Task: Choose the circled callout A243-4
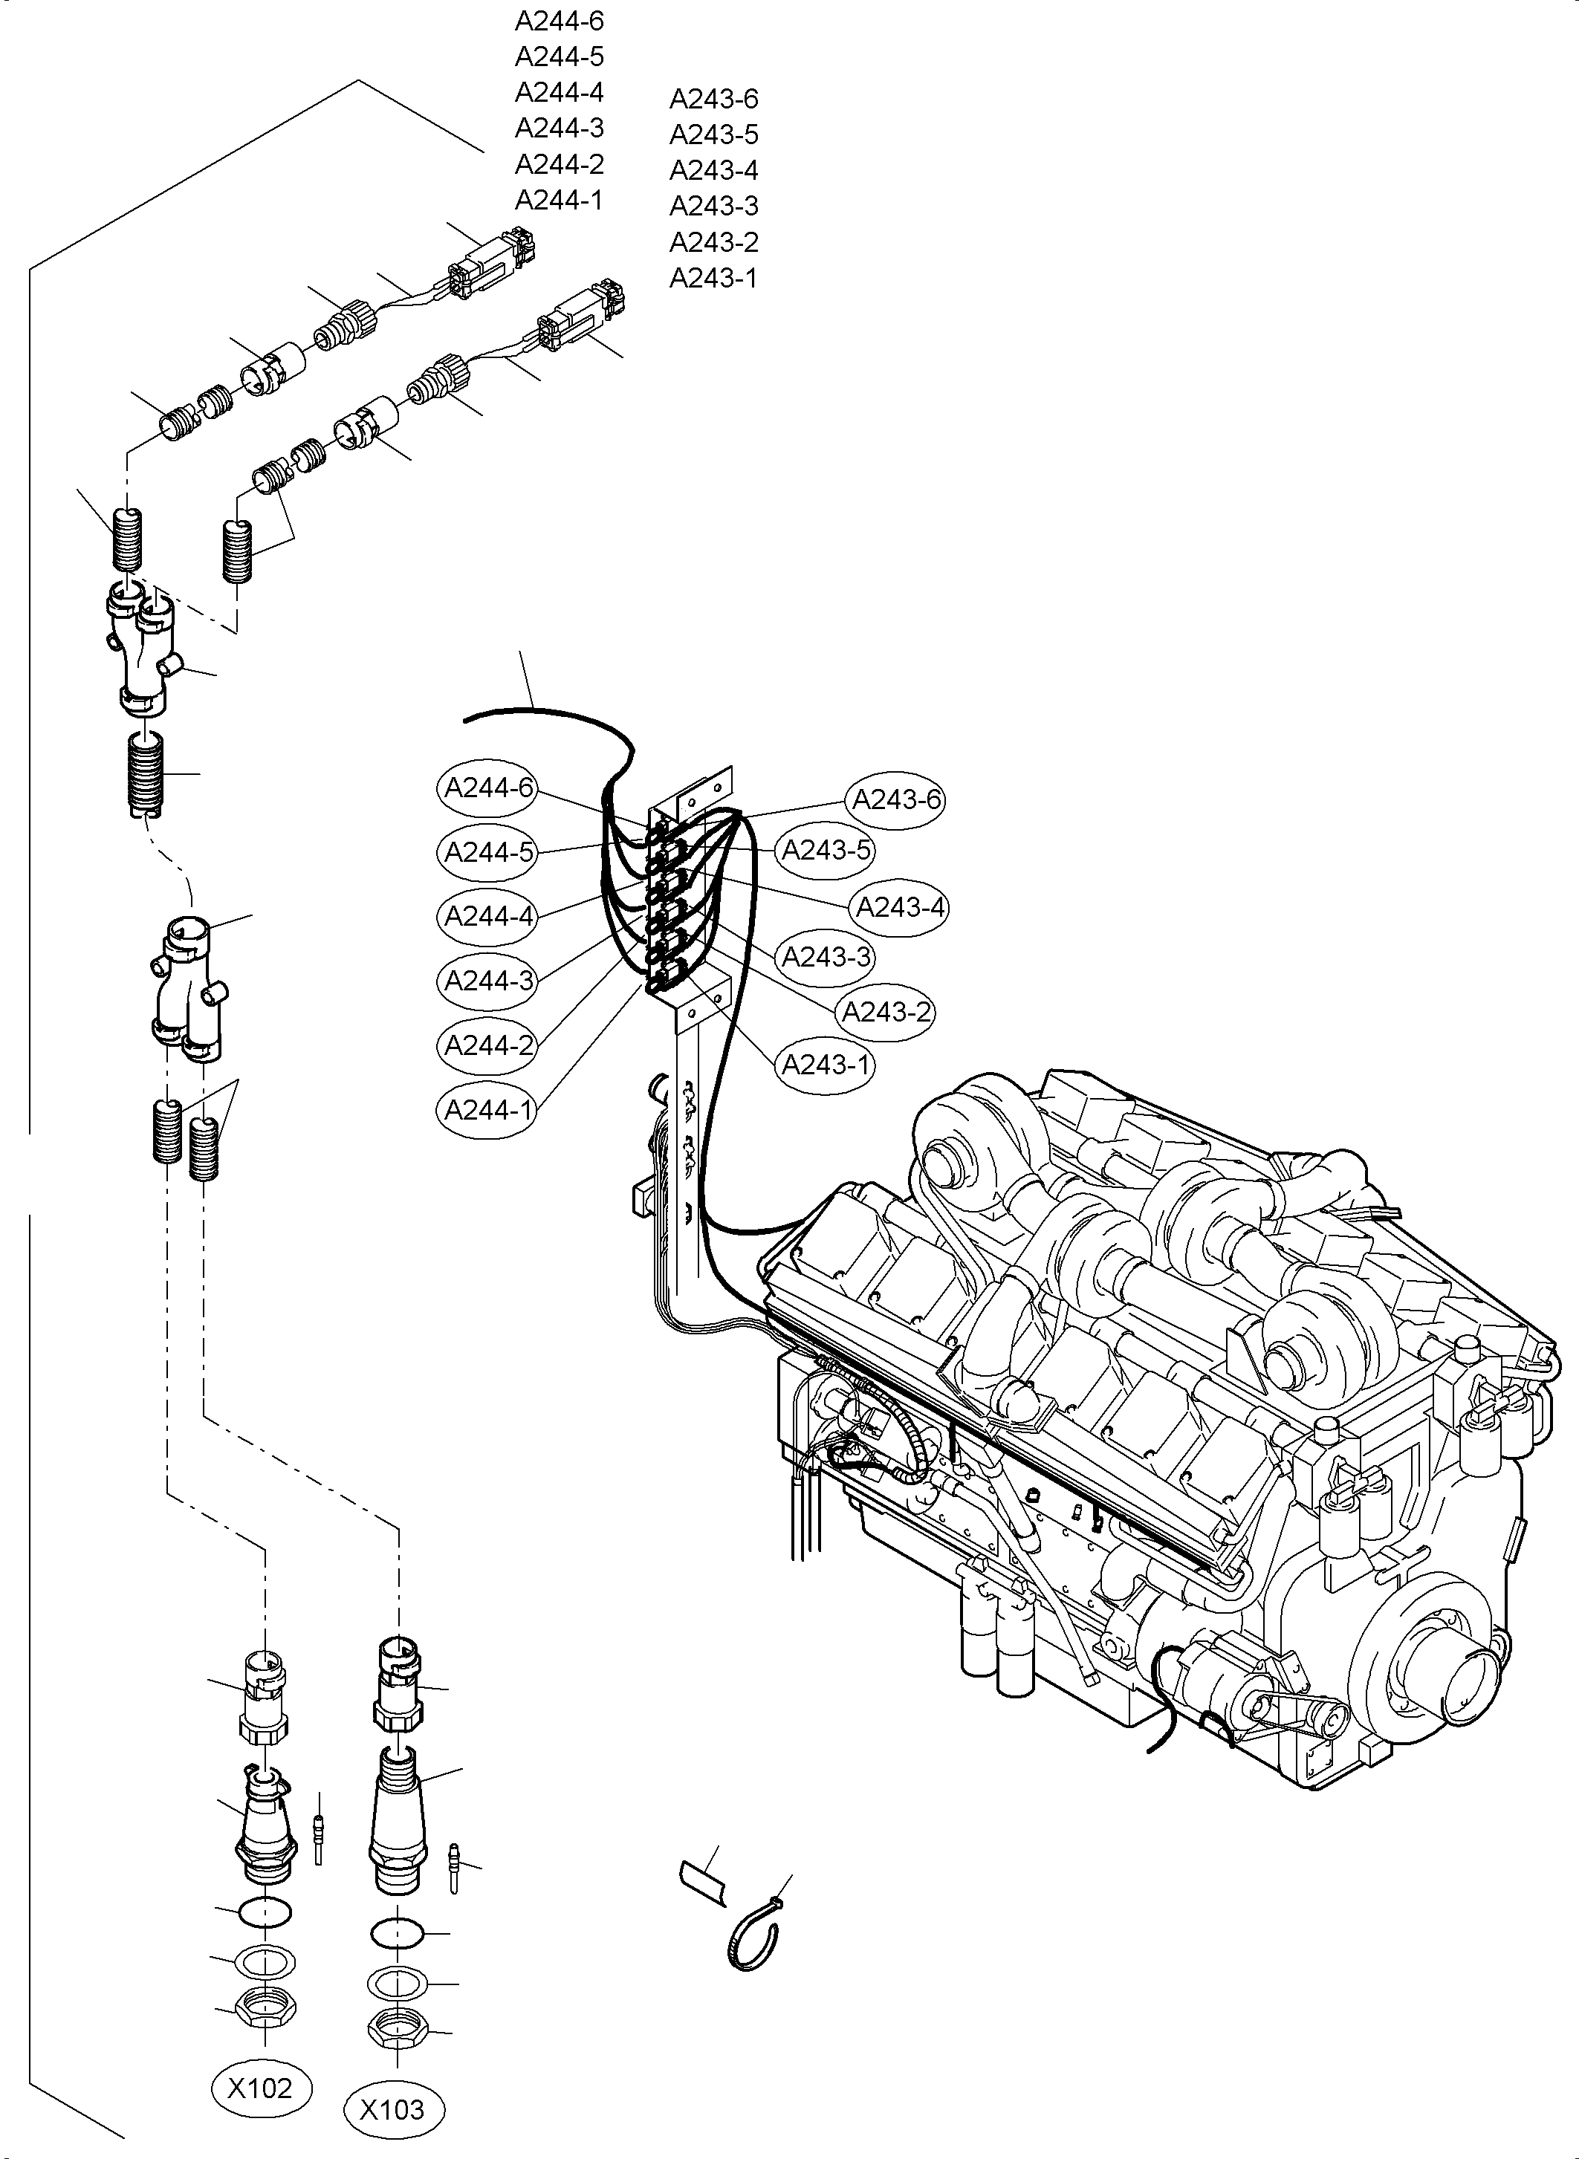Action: point(899,906)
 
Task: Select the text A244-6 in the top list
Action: point(559,20)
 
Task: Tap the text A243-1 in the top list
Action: point(713,278)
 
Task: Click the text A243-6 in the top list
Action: point(713,99)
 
